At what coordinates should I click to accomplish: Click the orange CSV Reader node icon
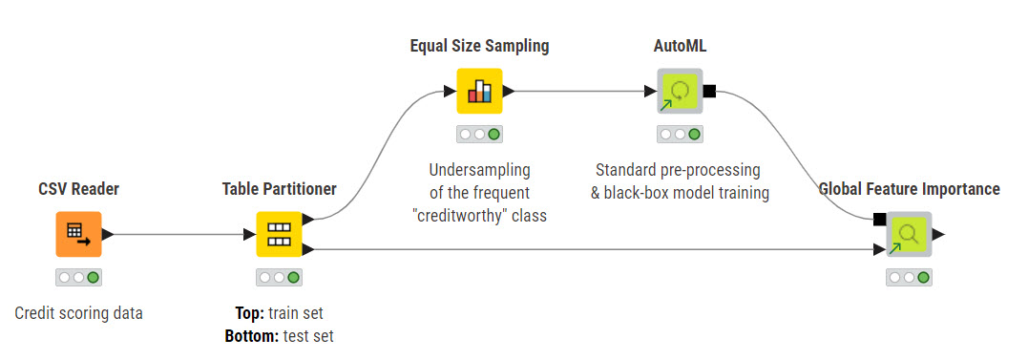(x=78, y=234)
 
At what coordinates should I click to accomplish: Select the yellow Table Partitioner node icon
(x=279, y=234)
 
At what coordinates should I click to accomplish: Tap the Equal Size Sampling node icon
(x=479, y=91)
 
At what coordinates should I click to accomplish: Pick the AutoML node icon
(x=680, y=91)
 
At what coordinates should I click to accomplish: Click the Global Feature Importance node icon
(x=909, y=234)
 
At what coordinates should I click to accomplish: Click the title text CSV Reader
(x=78, y=189)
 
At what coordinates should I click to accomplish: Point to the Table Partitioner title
(x=280, y=189)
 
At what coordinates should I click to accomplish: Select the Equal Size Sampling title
(x=479, y=46)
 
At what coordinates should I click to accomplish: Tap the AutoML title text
(x=680, y=46)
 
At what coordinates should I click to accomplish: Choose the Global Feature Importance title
(x=910, y=189)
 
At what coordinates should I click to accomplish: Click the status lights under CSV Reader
(x=78, y=277)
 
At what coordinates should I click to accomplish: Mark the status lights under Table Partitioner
(x=279, y=277)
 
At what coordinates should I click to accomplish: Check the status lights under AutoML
(x=680, y=135)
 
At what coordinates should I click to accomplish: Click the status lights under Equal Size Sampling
(x=479, y=135)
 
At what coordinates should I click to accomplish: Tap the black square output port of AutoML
(x=708, y=91)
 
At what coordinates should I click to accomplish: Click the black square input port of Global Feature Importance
(x=880, y=220)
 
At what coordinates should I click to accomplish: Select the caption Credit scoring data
(x=78, y=313)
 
